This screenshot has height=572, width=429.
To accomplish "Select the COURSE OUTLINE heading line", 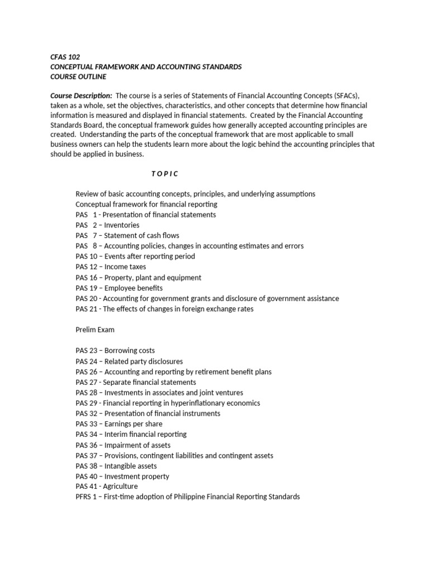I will click(78, 77).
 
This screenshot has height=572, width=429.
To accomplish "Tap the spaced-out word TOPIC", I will click(165, 173).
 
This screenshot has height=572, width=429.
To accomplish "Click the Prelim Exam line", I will click(95, 330).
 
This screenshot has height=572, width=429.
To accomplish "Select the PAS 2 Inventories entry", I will click(107, 225).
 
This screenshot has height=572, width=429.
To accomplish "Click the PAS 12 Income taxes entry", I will click(111, 267).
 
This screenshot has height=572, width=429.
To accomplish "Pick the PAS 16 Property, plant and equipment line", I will click(139, 278).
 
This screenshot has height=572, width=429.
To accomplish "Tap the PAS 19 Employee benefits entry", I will click(119, 288).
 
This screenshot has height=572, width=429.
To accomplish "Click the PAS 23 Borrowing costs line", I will click(115, 351).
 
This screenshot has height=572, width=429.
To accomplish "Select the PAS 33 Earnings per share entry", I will click(119, 424).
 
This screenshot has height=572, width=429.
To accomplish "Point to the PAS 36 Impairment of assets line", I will click(123, 445).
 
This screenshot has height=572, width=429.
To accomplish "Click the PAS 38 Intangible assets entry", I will click(116, 466).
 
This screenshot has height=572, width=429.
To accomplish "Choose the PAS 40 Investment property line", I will click(122, 476).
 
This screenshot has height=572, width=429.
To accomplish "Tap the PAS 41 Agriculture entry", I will click(107, 487).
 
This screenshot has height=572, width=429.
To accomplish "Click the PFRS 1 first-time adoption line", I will click(188, 497).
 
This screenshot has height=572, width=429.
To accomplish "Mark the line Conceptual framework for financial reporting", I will click(146, 204).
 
